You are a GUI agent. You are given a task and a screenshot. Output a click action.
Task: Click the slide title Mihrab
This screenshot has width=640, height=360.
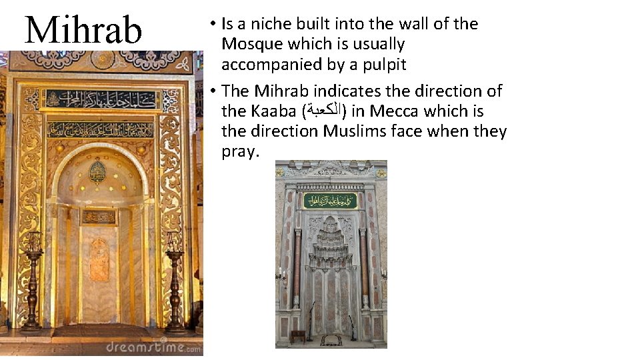(83, 29)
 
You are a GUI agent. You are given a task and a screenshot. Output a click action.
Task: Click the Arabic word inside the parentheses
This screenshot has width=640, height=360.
(324, 111)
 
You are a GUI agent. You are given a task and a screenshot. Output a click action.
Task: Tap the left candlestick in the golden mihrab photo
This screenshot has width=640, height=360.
(32, 280)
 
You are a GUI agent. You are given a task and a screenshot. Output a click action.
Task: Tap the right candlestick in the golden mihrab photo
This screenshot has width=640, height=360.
(175, 280)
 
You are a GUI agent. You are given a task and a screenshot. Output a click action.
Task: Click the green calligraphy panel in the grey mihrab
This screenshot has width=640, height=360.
(330, 201)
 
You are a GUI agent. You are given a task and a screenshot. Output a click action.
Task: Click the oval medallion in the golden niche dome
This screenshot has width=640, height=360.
(98, 171)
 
